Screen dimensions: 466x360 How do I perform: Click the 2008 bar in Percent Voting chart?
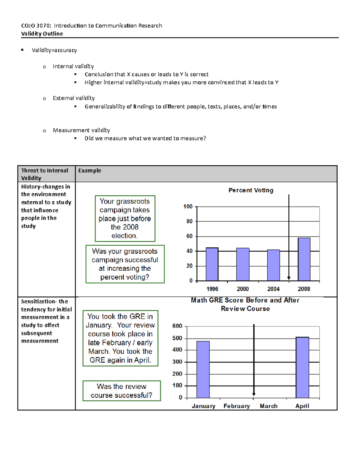pos(304,259)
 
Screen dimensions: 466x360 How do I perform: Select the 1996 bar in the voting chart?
pos(212,264)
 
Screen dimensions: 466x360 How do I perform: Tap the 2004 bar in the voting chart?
pos(273,265)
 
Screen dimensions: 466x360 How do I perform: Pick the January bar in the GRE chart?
pos(203,369)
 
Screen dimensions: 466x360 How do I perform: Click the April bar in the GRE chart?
pos(302,367)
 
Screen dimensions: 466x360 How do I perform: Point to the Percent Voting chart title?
pos(251,190)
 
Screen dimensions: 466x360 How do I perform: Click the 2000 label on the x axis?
pos(243,289)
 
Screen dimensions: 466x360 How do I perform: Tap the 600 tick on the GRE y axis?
pos(177,326)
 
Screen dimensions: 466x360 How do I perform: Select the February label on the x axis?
pos(236,406)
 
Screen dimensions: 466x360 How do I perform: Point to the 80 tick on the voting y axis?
pos(189,221)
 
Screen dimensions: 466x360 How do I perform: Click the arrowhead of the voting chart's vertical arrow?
pos(289,278)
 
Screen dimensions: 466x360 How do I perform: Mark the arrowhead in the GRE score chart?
pos(254,394)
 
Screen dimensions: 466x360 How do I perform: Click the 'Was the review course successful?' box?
pos(121,391)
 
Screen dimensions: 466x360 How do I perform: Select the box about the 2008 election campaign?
pos(125,218)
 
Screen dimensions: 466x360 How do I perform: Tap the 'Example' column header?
pos(90,170)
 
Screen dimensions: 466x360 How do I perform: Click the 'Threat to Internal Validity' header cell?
pos(45,174)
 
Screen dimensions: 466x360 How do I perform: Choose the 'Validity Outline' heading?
pos(42,34)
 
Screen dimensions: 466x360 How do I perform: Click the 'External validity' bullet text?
pos(73,98)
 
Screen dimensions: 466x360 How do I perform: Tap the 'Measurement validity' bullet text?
pos(81,130)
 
